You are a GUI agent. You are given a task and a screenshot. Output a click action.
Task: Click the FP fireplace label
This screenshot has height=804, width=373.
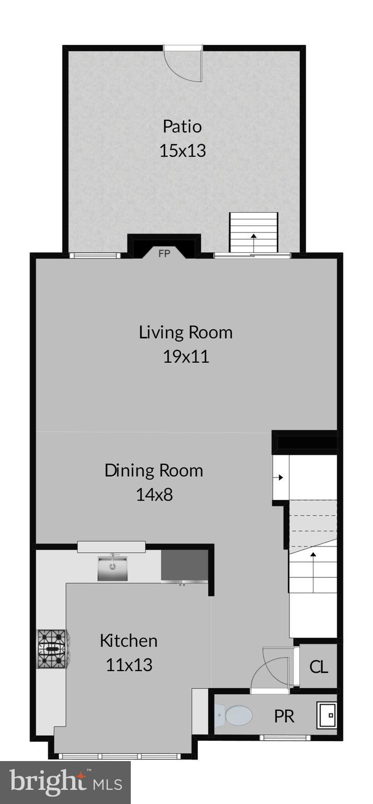point(164,254)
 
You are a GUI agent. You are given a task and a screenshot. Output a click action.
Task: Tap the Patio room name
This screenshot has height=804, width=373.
point(182,127)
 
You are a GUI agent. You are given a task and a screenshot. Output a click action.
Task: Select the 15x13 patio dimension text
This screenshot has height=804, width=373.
point(182,151)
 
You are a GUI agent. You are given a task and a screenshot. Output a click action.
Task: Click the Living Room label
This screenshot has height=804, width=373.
point(186,332)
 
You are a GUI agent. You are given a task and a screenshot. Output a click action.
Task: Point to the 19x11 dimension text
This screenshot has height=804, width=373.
point(186,356)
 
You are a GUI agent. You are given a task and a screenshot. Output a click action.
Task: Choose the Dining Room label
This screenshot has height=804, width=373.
point(154,470)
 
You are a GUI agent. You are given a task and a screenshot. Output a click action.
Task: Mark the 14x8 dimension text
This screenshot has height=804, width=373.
point(154,494)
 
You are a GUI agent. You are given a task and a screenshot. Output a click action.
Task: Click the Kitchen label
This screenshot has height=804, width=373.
point(129,641)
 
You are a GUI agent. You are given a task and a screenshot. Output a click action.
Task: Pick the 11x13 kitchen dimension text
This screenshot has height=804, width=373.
point(129,665)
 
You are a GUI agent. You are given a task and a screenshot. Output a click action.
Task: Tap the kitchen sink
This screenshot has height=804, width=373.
point(112,569)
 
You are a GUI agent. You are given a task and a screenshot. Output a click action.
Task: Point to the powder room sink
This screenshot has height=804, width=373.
point(326,715)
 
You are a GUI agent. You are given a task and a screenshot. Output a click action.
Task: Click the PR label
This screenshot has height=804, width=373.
point(284,716)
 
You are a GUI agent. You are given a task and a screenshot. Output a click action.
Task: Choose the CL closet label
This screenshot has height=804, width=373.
point(319,667)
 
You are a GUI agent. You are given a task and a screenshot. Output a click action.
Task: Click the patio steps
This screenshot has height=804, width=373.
point(254,233)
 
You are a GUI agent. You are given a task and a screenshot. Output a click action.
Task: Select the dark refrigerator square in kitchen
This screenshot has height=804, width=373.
point(184,565)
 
